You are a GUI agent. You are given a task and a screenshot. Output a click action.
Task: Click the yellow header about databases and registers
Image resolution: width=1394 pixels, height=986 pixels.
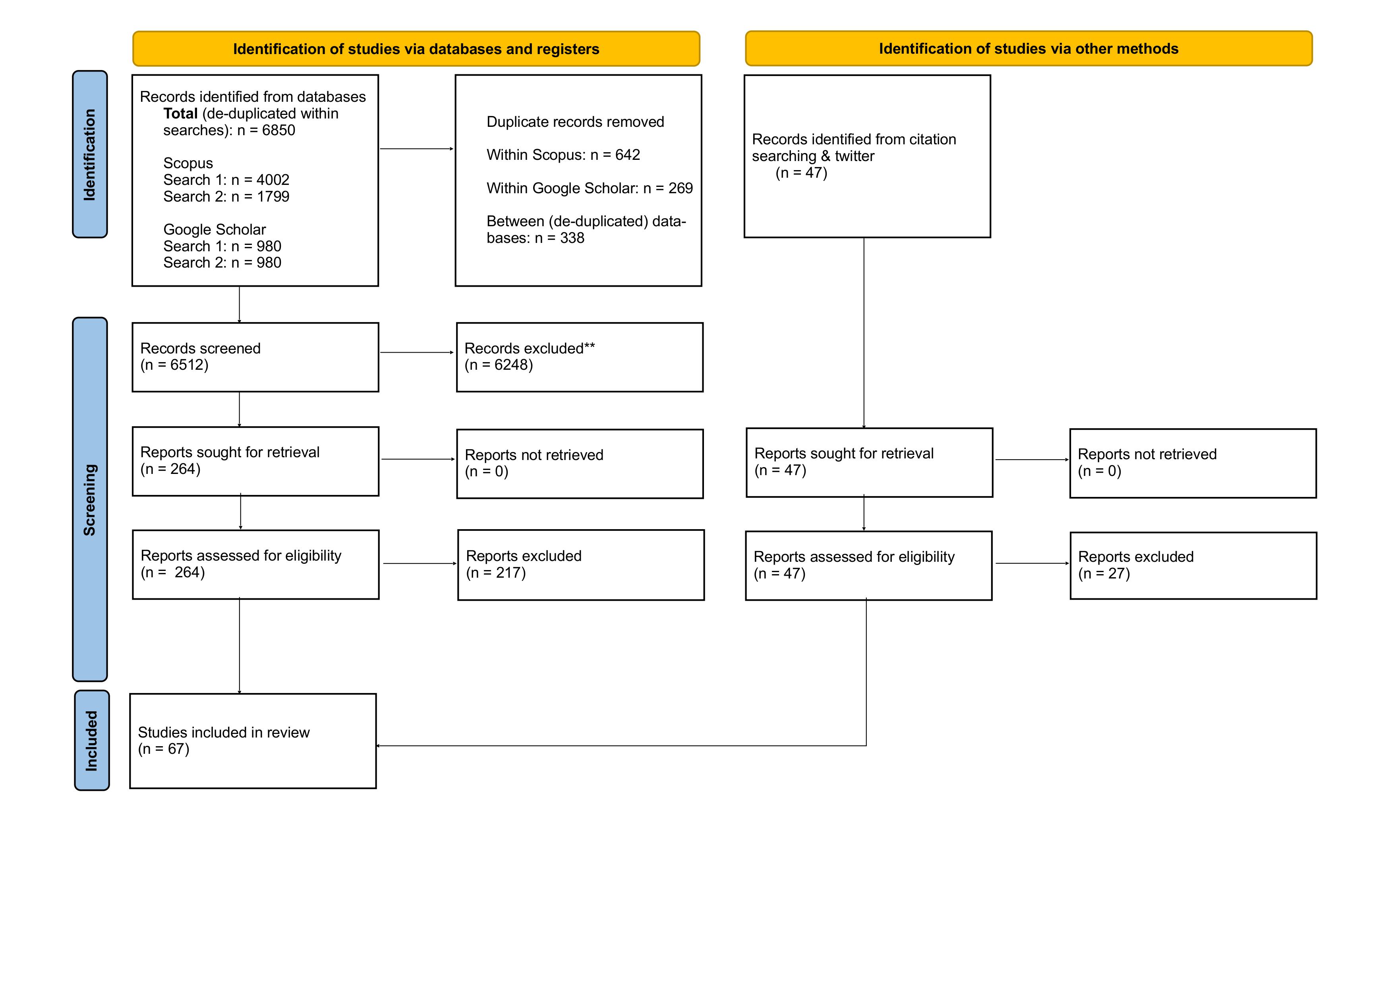click(x=416, y=49)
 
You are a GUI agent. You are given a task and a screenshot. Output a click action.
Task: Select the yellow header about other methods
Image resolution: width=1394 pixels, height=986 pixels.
click(x=1029, y=49)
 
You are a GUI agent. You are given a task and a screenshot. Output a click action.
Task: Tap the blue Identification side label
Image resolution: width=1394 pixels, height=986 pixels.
click(x=90, y=154)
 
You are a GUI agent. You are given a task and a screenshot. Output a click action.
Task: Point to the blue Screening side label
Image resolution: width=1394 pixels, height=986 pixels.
click(x=90, y=499)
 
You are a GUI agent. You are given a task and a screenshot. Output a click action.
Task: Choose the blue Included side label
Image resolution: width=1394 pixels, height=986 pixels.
click(x=92, y=741)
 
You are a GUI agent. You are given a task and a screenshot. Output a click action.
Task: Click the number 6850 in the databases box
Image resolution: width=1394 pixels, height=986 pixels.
click(x=278, y=130)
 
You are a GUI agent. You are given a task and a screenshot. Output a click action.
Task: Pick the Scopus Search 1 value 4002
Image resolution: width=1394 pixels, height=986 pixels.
click(x=273, y=180)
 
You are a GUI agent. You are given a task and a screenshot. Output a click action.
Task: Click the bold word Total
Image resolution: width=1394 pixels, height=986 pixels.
click(x=180, y=114)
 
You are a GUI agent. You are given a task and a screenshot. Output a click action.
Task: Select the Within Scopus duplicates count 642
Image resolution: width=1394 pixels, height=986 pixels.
click(x=627, y=155)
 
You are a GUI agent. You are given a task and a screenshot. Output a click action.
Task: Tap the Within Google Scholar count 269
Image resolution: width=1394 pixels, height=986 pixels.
click(x=681, y=188)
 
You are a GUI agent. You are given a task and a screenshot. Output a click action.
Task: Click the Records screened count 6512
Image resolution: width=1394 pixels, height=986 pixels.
click(x=187, y=365)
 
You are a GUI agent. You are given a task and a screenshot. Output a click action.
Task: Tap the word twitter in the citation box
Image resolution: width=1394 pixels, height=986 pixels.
click(x=855, y=156)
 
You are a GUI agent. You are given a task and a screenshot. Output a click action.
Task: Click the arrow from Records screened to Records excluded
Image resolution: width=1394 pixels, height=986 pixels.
click(x=416, y=352)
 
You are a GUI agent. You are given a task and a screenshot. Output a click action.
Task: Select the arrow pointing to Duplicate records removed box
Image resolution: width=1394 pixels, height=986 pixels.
click(x=416, y=149)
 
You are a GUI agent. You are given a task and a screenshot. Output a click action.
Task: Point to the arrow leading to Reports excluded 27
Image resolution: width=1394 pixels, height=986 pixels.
click(x=1032, y=563)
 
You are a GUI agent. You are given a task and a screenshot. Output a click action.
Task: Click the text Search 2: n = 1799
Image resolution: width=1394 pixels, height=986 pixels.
click(x=226, y=196)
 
